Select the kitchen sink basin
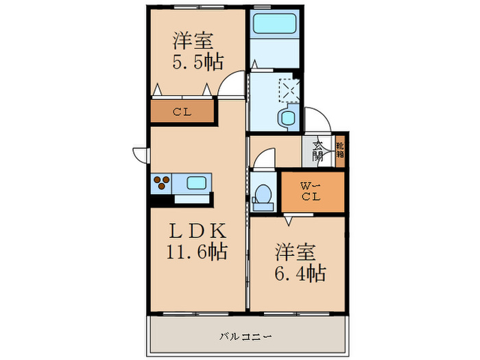(196, 183)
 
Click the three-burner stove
(161, 183)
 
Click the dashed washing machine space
(289, 90)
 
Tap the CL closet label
(182, 112)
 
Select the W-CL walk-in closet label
(311, 191)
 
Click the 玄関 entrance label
(317, 152)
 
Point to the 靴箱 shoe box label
(340, 150)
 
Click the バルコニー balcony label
(245, 337)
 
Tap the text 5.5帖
(197, 62)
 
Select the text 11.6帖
(197, 252)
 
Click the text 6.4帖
(300, 273)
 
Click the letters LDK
(197, 231)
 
